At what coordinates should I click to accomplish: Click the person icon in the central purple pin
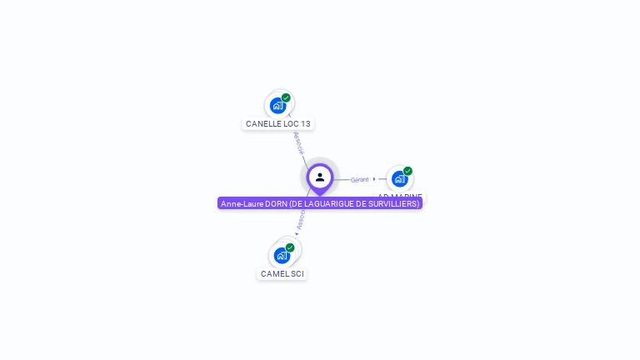coord(320,177)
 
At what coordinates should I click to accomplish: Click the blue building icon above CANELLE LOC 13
coord(277,106)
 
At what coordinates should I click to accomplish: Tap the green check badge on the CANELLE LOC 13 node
coord(286,98)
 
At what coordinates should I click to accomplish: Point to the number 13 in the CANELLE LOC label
coord(305,124)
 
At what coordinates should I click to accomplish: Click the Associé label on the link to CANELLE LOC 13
coord(297,142)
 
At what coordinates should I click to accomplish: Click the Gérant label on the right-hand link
coord(359,179)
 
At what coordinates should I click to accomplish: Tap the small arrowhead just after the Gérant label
coord(374,179)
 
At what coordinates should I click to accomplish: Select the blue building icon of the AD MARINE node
coord(399,179)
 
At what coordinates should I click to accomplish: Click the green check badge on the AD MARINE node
coord(407,171)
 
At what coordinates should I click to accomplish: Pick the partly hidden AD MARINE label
coord(400,196)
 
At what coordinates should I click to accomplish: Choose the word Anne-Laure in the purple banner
coord(240,203)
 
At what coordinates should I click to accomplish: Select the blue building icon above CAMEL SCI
coord(281,255)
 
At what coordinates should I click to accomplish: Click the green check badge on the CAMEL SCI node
coord(290,247)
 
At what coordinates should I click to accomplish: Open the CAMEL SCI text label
coord(282,274)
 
